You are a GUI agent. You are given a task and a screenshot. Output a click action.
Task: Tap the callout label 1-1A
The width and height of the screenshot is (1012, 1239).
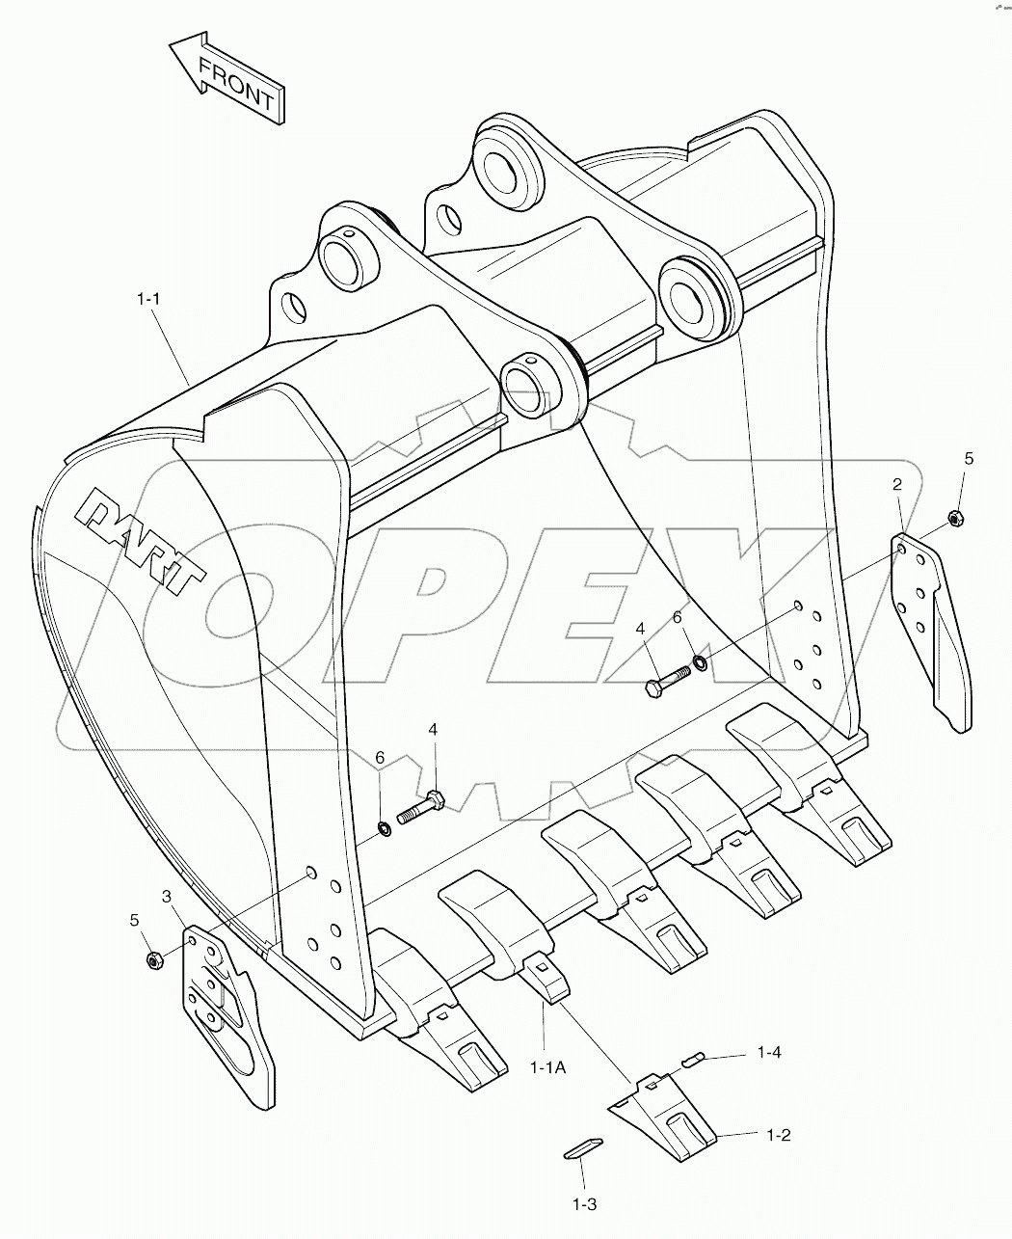coord(546,1066)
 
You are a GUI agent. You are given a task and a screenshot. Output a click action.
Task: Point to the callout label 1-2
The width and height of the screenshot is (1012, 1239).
coord(778,1135)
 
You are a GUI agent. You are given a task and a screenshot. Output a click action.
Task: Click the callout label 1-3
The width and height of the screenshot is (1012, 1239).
coord(585,1203)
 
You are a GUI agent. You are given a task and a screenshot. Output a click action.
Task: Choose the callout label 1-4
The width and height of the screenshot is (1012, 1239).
coord(768,1052)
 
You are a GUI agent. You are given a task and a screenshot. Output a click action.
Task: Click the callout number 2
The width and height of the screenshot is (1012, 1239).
coord(896,484)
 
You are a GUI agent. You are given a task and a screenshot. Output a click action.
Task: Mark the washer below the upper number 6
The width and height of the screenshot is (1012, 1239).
coord(700,663)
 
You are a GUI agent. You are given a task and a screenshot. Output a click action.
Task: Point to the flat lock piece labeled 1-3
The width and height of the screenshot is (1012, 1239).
coord(582,1146)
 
